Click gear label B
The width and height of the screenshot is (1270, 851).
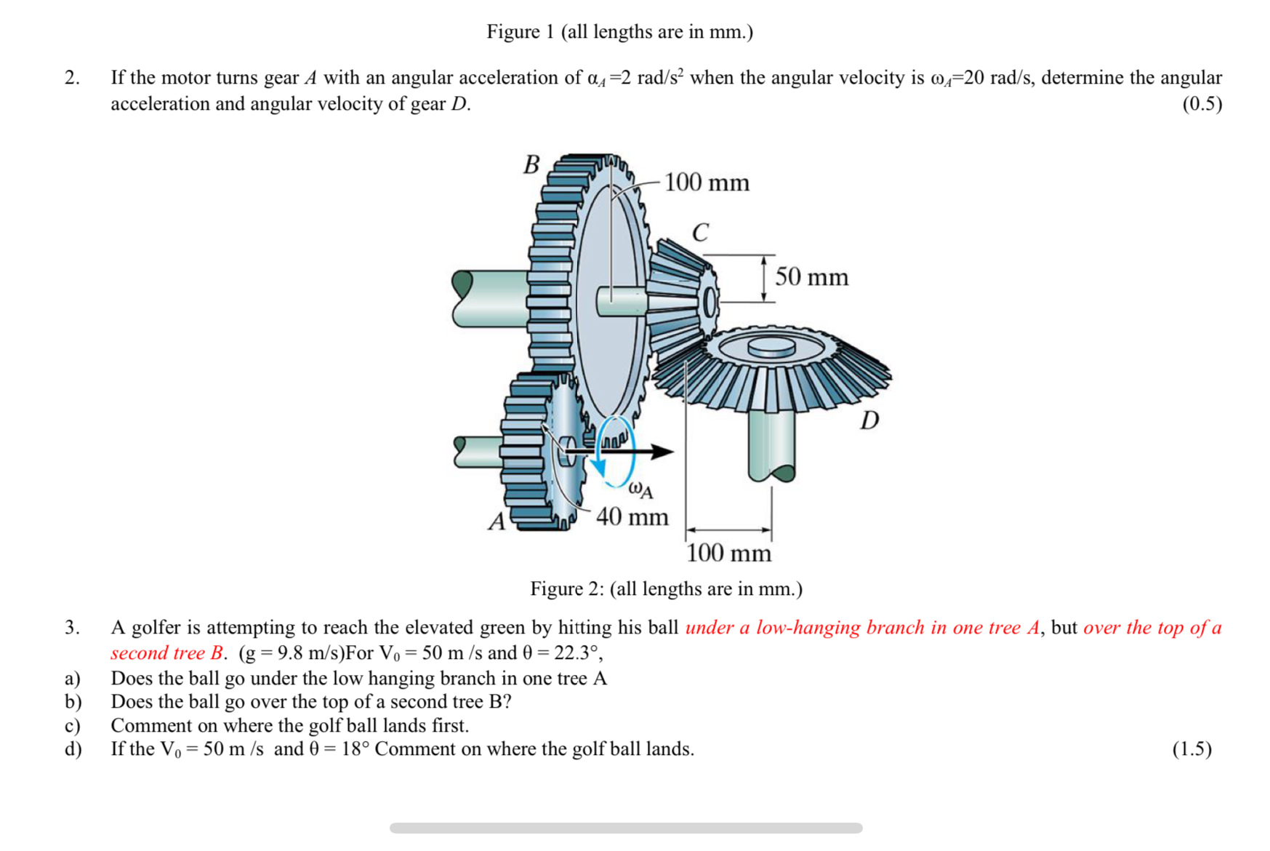[x=531, y=164]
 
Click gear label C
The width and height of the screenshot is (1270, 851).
[x=699, y=233]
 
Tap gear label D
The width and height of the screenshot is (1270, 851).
[x=869, y=420]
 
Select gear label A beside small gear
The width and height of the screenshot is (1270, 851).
[x=497, y=522]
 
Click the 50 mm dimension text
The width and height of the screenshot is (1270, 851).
[x=811, y=277]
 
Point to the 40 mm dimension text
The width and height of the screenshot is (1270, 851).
[x=632, y=517]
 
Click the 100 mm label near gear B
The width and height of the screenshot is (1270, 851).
[x=707, y=182]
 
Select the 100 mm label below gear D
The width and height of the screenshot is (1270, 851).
[x=728, y=554]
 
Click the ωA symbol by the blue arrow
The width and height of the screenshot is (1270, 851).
[x=640, y=490]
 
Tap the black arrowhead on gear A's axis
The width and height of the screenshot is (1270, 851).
[x=662, y=452]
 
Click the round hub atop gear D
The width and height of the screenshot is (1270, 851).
[x=771, y=347]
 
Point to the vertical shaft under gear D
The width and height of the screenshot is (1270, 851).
[x=771, y=444]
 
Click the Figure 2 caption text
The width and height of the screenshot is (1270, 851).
[x=666, y=588]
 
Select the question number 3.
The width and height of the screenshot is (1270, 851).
[x=72, y=627]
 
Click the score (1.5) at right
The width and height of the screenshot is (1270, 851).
[x=1191, y=749]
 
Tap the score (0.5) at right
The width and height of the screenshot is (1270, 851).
[x=1202, y=104]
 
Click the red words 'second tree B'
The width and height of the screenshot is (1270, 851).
[x=166, y=653]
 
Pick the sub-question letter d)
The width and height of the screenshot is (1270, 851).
[x=73, y=749]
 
